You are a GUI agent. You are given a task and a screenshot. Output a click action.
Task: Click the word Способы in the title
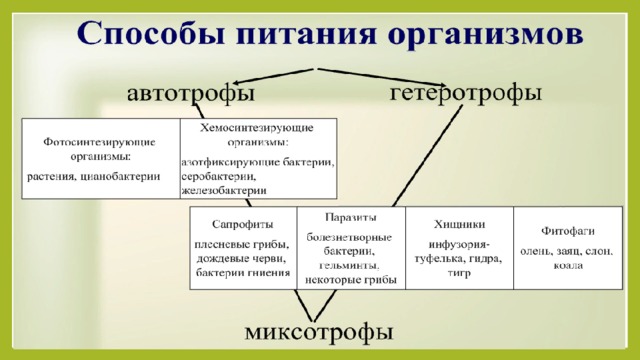(151, 33)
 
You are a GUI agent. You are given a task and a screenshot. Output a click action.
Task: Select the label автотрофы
(191, 94)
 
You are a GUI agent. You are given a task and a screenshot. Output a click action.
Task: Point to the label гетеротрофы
(466, 93)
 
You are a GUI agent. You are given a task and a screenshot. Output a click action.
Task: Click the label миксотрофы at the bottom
(319, 332)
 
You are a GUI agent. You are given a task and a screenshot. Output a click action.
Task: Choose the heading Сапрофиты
(242, 224)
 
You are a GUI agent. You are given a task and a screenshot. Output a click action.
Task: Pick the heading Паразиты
(351, 218)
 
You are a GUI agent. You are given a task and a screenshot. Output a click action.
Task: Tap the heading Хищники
(459, 224)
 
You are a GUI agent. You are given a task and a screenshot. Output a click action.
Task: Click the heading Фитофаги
(568, 231)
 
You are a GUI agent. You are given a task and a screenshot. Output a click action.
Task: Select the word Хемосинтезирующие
(257, 128)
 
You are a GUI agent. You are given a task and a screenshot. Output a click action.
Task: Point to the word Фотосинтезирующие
(99, 142)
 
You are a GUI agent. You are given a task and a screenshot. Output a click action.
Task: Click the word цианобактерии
(120, 177)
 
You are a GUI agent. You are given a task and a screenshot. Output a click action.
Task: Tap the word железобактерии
(224, 191)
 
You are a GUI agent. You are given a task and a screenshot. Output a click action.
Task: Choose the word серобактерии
(218, 177)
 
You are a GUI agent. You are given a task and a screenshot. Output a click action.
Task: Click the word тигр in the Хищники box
(459, 273)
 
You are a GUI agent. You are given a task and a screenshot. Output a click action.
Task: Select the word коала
(568, 266)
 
